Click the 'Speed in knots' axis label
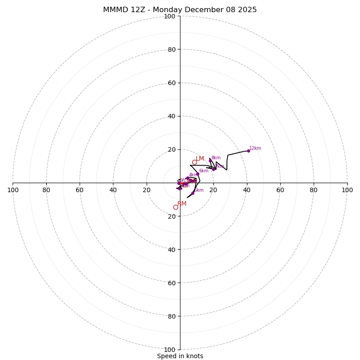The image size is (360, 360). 180,356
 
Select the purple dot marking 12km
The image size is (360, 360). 248,151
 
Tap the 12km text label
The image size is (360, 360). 255,148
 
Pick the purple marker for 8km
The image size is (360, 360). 210,161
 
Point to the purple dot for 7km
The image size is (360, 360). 213,169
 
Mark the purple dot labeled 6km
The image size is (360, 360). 198,174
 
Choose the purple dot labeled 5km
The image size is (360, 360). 193,193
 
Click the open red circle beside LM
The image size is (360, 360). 194,162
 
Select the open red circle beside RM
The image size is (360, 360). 175,207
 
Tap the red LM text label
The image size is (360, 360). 200,158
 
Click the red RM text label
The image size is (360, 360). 182,204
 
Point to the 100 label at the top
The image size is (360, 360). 169,16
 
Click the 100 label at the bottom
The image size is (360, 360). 169,350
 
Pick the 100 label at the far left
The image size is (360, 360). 13,190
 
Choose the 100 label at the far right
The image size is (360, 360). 347,190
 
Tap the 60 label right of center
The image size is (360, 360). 280,190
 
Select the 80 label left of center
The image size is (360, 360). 46,190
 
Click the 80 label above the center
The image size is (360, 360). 171,49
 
